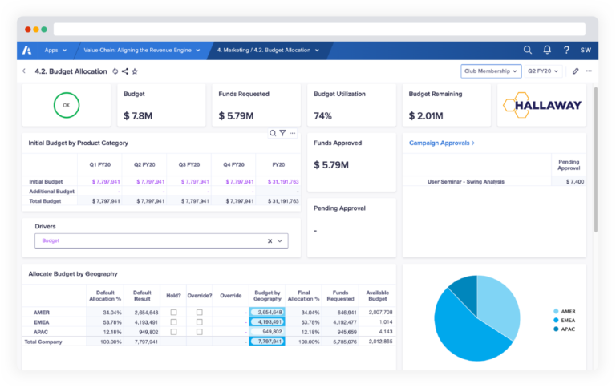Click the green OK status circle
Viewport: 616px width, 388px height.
67,105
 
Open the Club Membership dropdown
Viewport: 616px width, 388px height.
490,71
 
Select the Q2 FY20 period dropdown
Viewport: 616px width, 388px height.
543,71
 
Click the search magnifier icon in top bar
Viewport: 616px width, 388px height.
527,50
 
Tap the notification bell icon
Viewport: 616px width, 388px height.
547,50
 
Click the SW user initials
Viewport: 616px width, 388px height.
586,50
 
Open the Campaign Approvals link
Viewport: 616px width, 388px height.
441,143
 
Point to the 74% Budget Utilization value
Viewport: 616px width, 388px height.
323,116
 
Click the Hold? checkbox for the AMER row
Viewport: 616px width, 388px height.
173,312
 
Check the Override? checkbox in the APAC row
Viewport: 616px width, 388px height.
200,331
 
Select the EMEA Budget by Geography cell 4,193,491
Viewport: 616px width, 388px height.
267,321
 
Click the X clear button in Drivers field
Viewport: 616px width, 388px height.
269,240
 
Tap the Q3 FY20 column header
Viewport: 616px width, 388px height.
188,164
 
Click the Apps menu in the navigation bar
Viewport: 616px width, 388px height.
55,50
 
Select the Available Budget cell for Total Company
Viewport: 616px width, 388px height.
377,342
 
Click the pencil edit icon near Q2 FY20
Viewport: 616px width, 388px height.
575,71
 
